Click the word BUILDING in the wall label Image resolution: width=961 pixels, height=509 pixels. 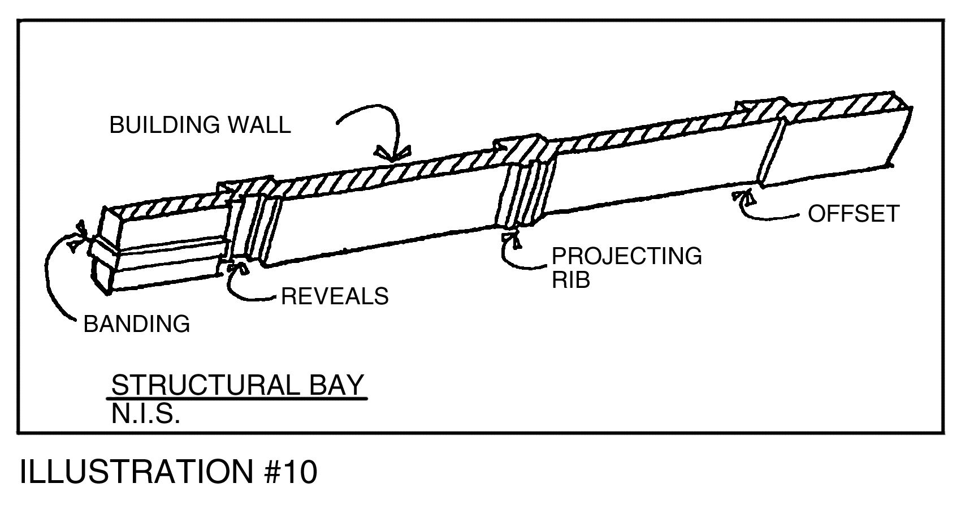coord(165,125)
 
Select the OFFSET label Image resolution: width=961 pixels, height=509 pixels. coord(854,214)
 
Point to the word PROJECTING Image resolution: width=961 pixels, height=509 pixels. coord(626,256)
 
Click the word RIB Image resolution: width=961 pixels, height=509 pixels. coord(570,280)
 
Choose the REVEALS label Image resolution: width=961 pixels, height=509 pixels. coord(335,296)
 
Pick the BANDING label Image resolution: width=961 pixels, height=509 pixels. coord(136,323)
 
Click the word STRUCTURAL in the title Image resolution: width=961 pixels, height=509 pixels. coord(206,385)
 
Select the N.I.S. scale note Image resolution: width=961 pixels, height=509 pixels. coord(145,414)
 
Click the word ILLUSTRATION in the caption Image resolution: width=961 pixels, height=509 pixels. coord(137,472)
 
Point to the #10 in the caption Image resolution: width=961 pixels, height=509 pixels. coord(291,472)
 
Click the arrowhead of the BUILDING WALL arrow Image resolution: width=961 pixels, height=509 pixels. coord(393,154)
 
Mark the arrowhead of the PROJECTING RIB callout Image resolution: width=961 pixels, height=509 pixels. coord(511,239)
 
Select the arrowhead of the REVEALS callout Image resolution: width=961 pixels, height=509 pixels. coord(237,268)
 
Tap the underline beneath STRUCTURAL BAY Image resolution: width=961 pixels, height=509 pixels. coord(237,399)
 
